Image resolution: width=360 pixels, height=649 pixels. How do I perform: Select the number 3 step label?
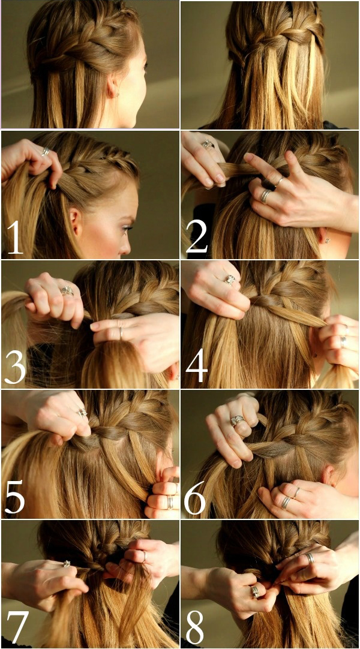pos(16,365)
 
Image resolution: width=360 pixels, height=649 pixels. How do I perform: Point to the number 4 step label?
pos(197,364)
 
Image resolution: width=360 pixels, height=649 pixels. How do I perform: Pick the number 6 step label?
pos(196,495)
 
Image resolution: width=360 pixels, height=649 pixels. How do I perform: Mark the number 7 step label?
pos(17,626)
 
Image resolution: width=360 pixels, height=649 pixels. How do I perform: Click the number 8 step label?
pos(195,625)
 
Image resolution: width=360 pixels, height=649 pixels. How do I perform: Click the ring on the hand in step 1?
pos(46,152)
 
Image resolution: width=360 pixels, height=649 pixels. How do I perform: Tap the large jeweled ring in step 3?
pos(67,290)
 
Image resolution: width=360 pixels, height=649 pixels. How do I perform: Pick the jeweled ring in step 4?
pos(230,280)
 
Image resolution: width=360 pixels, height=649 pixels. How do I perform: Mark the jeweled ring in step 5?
pos(82,413)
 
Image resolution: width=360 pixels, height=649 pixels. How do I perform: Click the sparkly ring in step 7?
pos(67,564)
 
